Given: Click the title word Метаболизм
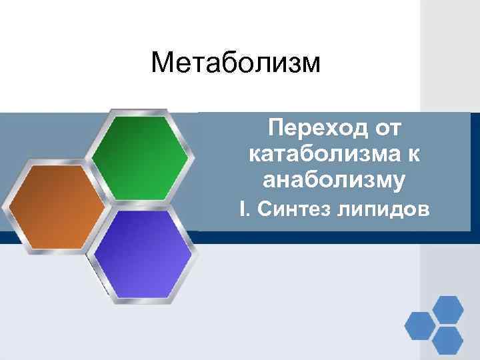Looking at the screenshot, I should (x=235, y=64).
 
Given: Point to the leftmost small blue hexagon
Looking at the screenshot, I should (x=419, y=325).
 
